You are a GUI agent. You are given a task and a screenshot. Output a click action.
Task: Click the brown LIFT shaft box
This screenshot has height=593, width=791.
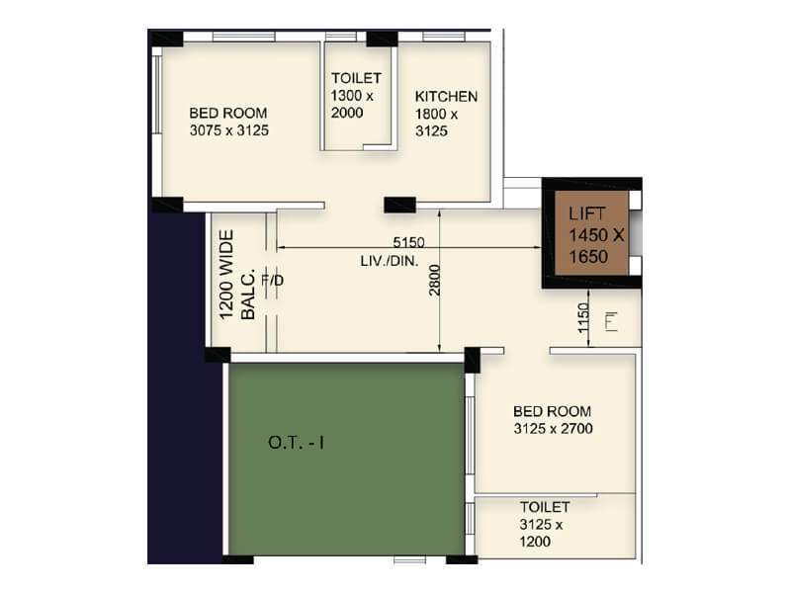coord(590,234)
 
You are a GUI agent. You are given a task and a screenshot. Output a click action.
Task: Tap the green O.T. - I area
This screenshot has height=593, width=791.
coord(346,459)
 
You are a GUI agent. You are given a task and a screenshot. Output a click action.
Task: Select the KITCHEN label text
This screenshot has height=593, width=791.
coord(446,97)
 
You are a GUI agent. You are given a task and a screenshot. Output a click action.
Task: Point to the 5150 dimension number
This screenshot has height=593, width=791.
coord(408,242)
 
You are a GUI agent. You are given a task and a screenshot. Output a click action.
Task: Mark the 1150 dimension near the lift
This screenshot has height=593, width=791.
coord(583,318)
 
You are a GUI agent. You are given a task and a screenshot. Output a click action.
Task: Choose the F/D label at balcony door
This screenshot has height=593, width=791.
coord(272,281)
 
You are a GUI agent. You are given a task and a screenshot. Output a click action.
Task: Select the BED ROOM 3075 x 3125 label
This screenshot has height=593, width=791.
coord(228,122)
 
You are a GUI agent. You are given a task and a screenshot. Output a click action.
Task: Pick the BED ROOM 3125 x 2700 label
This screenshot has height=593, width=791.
coord(552,420)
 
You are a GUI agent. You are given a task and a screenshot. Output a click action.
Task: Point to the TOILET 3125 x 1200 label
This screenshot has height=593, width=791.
coord(545,524)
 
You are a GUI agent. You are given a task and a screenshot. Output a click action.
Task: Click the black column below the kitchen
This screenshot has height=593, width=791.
coord(399,205)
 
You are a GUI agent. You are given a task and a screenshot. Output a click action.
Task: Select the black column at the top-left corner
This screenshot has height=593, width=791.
coord(166,39)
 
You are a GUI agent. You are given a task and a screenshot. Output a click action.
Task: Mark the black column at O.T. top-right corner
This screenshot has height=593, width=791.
coord(472,360)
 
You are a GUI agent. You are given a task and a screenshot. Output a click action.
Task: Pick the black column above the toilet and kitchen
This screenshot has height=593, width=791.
coord(382,39)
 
